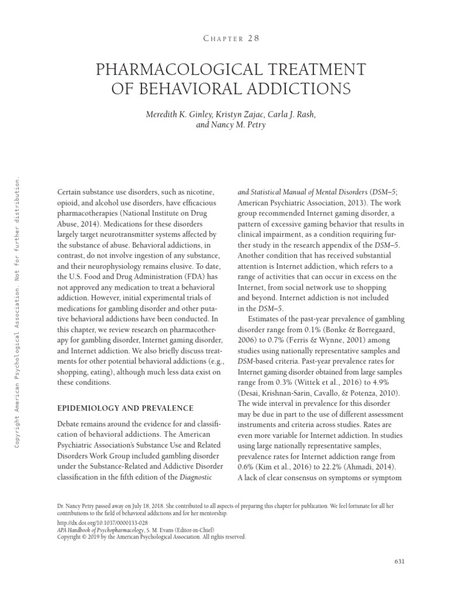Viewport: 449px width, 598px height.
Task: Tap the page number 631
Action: (400, 561)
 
